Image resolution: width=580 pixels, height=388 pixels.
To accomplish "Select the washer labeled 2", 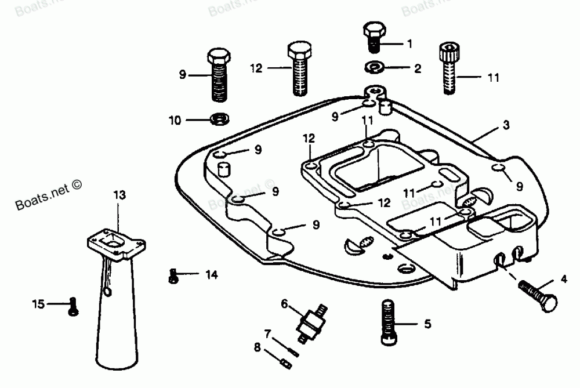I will point(374,68).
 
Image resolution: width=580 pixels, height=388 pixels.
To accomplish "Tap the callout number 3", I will point(506,125).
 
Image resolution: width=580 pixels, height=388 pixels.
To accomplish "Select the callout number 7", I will point(267,333).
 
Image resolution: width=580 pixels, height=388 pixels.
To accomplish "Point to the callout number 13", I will point(119,195).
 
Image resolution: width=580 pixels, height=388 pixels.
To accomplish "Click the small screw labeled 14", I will point(172,276).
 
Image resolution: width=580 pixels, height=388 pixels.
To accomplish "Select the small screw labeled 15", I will point(72,306).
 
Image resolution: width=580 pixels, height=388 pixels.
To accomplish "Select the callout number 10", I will point(175,121).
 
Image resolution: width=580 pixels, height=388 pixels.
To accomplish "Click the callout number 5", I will point(427,324).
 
